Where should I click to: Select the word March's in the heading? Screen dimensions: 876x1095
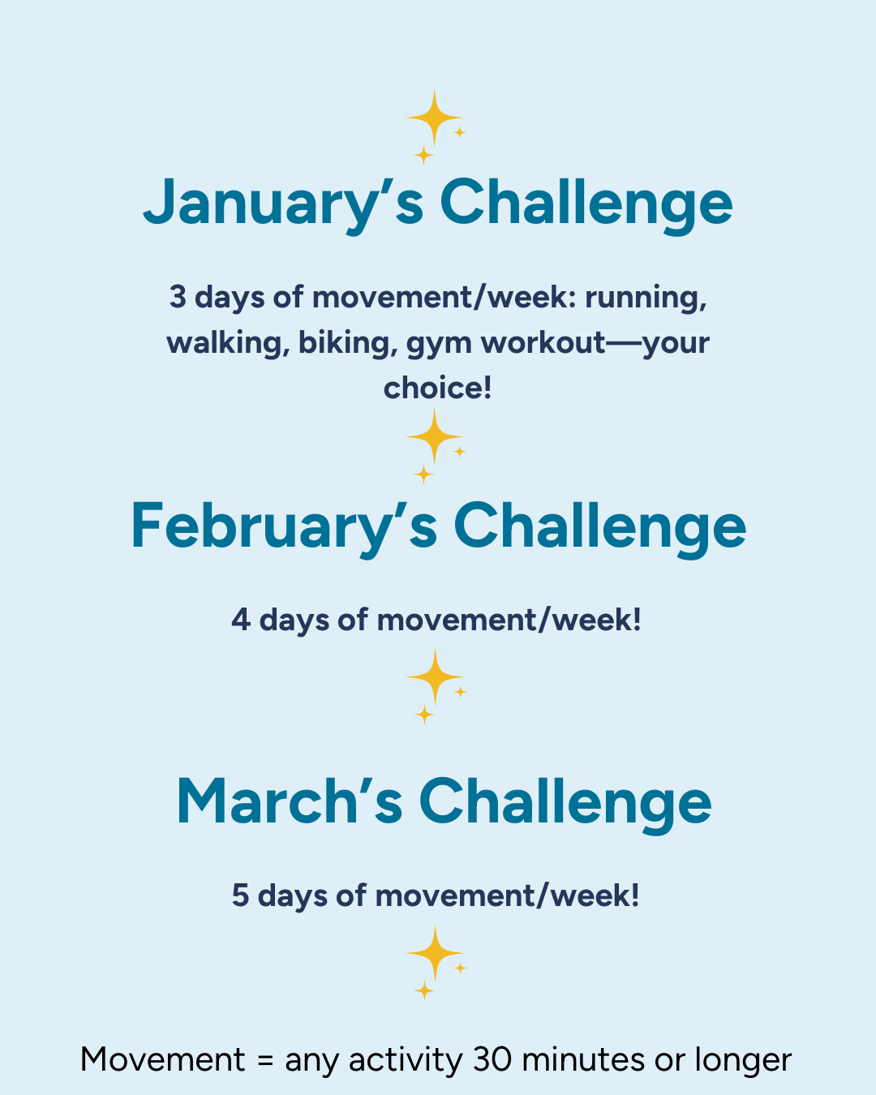[x=289, y=802]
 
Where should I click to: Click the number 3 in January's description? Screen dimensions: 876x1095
[x=178, y=297]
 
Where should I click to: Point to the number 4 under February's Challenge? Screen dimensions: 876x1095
[x=241, y=620]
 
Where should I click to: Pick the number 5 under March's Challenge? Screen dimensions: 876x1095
[x=240, y=895]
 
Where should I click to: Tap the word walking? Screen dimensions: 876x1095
[x=228, y=342]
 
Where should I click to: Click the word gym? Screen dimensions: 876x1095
[x=439, y=346]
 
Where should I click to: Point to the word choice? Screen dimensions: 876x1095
[x=438, y=389]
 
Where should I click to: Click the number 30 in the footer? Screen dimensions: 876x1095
[x=492, y=1060]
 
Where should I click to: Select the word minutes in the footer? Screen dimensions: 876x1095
[x=584, y=1059]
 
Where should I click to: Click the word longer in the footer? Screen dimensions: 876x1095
[x=744, y=1062]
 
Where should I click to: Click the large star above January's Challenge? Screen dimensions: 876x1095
[x=434, y=118]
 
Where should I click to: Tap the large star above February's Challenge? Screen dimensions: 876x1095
[x=434, y=436]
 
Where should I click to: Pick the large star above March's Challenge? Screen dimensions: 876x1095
[x=436, y=676]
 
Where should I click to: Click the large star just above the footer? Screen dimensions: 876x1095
[x=436, y=953]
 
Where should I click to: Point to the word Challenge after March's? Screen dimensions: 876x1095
[x=565, y=805]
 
